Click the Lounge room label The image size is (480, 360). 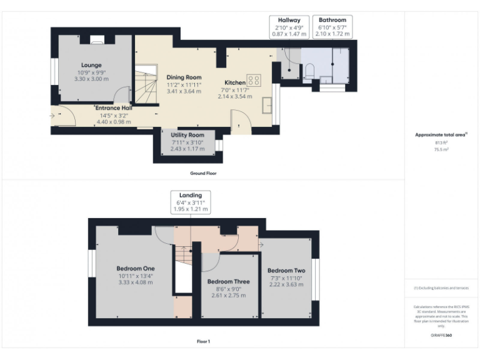[x=91, y=65]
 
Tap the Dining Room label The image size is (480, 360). [x=184, y=77]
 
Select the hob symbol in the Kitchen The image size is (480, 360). [x=254, y=80]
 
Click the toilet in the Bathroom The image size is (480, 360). [x=309, y=74]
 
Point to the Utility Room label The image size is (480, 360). [x=187, y=135]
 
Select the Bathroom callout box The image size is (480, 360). [x=332, y=27]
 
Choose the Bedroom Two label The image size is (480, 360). [x=286, y=271]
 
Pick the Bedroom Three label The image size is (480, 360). [x=228, y=282]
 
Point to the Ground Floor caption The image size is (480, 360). [x=203, y=173]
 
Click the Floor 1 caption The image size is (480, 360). [x=203, y=342]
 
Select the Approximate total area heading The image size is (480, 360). [x=441, y=134]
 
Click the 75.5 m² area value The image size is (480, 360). [x=441, y=149]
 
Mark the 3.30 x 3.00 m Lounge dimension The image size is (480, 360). [x=91, y=79]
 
